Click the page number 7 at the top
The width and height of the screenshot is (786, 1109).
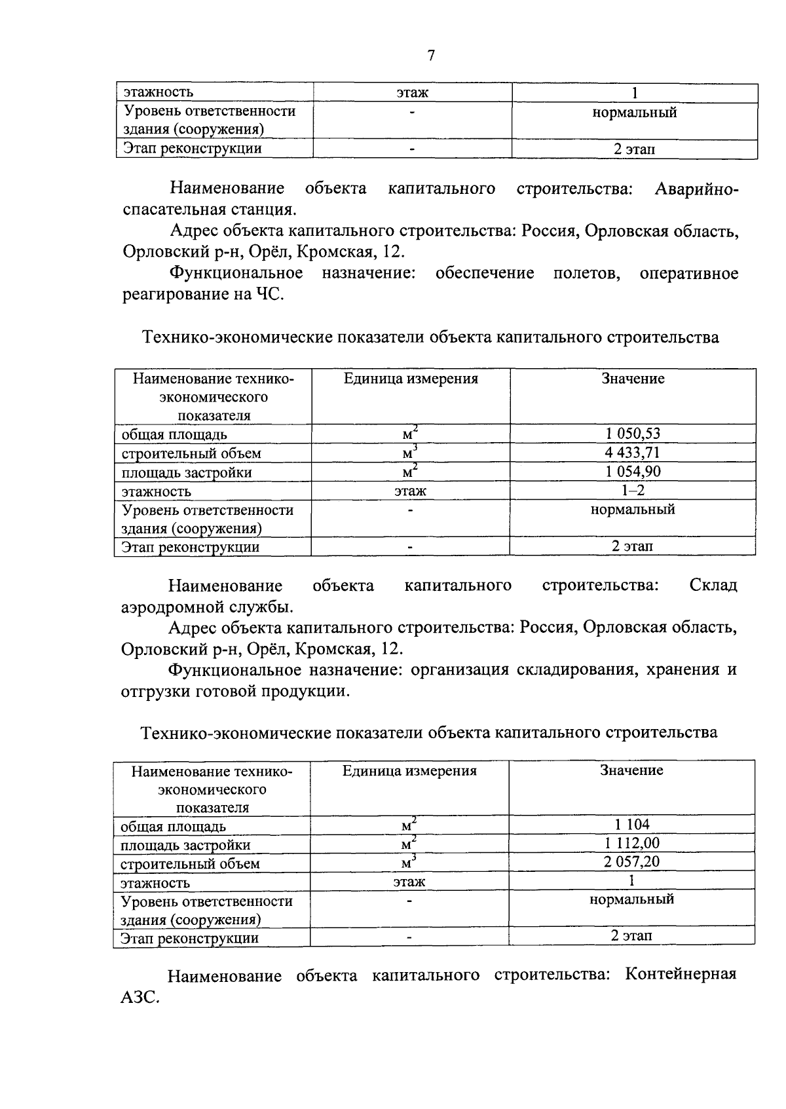pyautogui.click(x=430, y=56)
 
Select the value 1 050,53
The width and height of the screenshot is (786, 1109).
pyautogui.click(x=633, y=434)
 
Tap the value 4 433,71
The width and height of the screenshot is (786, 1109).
pyautogui.click(x=633, y=453)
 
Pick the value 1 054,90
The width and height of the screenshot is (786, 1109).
pyautogui.click(x=633, y=472)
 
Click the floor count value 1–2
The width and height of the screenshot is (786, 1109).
pyautogui.click(x=633, y=490)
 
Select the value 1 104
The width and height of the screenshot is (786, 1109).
pyautogui.click(x=631, y=825)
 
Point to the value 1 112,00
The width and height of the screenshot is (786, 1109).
pyautogui.click(x=631, y=843)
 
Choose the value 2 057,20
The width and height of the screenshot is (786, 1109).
pyautogui.click(x=631, y=862)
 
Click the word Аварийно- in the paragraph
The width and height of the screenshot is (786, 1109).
pyautogui.click(x=696, y=189)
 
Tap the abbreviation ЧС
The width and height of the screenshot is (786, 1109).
pyautogui.click(x=269, y=294)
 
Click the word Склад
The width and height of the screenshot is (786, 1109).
pyautogui.click(x=713, y=585)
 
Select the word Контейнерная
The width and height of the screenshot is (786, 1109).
pyautogui.click(x=681, y=975)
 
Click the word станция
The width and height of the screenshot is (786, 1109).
pyautogui.click(x=260, y=211)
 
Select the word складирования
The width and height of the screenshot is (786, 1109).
pyautogui.click(x=574, y=669)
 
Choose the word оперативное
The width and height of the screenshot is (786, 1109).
pyautogui.click(x=688, y=273)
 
